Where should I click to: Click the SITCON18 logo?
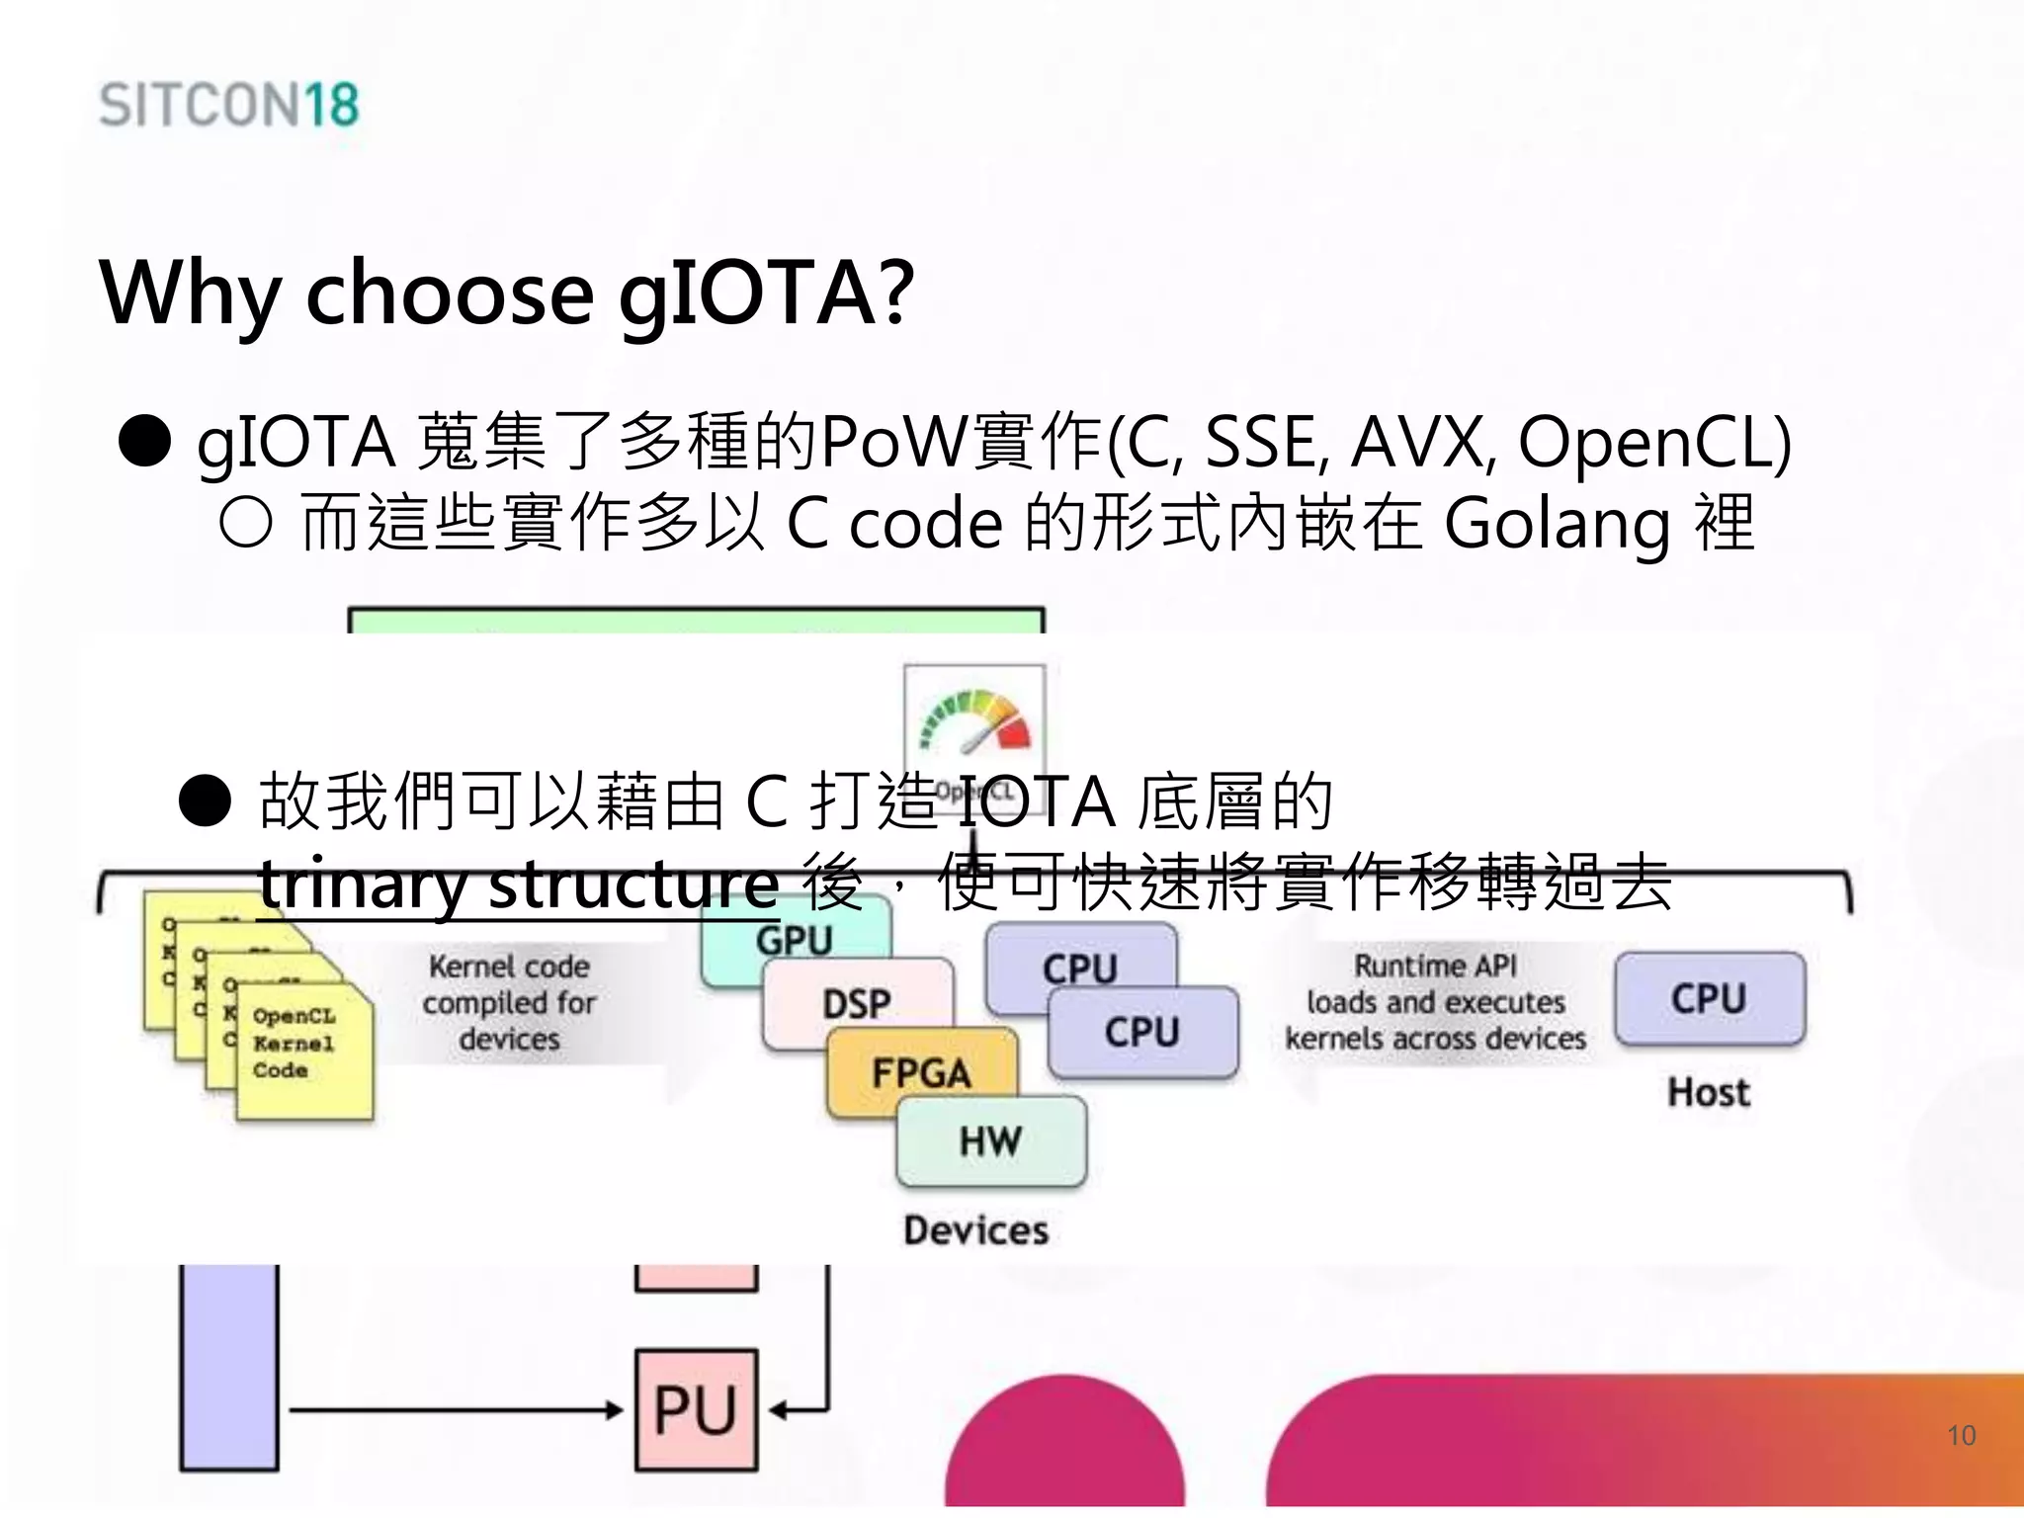tap(228, 105)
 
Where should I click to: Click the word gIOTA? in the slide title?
tap(766, 293)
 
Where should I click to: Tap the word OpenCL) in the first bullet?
tap(1653, 442)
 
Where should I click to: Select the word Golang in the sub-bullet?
tap(1557, 524)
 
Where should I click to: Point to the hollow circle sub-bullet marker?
tap(245, 522)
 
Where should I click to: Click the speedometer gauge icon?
tap(974, 721)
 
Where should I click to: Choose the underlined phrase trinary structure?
tap(519, 884)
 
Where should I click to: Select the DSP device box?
tap(857, 1003)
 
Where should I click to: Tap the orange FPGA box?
tap(921, 1071)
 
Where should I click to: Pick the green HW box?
tap(990, 1141)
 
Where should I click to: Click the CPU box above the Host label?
tap(1709, 998)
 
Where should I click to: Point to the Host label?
tap(1709, 1092)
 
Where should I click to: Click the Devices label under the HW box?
tap(975, 1230)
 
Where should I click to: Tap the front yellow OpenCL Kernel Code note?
tap(304, 1050)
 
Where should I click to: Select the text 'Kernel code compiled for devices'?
tap(509, 1002)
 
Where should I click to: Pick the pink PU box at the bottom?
tap(696, 1409)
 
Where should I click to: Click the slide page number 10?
tap(1961, 1435)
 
